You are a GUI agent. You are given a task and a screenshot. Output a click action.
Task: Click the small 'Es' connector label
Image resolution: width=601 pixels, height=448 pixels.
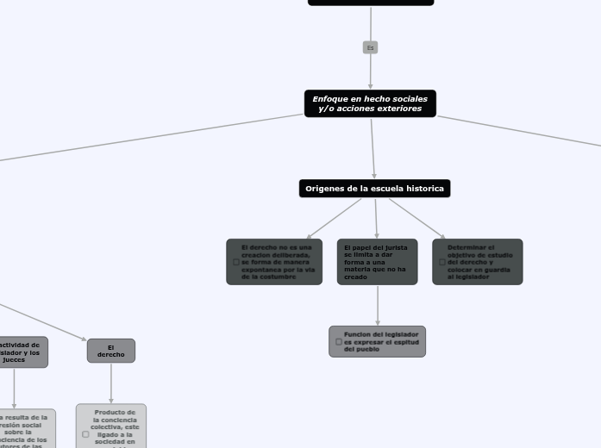[x=370, y=47]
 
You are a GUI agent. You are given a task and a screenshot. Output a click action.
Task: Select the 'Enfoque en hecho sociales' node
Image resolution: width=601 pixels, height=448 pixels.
[x=370, y=103]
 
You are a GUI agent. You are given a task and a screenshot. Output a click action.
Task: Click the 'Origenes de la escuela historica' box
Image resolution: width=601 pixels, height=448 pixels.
[x=374, y=188]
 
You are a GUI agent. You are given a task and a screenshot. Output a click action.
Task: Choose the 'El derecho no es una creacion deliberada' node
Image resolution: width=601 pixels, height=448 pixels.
[x=274, y=262]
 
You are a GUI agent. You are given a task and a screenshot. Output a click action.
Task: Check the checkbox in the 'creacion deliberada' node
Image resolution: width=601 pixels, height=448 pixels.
[x=236, y=262]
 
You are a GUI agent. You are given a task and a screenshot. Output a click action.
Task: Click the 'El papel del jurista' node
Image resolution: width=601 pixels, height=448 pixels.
[x=377, y=262]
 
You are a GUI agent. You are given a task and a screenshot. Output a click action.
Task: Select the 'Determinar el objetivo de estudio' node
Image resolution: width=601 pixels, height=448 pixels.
[x=478, y=262]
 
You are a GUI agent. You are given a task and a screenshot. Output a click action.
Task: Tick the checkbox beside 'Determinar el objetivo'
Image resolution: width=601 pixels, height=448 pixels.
[x=442, y=262]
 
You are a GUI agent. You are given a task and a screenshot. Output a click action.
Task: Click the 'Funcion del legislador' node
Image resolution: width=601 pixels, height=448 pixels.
[x=378, y=341]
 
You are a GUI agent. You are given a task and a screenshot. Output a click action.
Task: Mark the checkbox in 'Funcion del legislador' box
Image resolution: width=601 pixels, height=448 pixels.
[x=339, y=341]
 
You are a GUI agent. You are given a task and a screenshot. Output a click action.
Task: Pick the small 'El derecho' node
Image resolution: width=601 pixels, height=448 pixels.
[x=111, y=351]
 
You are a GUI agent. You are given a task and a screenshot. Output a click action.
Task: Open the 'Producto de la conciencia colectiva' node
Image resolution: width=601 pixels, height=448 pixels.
[x=112, y=426]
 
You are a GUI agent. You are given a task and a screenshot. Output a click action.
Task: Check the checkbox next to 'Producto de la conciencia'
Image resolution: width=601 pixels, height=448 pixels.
[x=85, y=434]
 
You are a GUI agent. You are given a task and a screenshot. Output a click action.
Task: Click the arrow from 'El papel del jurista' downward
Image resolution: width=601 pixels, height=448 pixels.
[x=378, y=305]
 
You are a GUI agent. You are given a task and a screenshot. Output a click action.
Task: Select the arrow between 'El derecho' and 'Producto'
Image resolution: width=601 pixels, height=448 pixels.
[x=111, y=383]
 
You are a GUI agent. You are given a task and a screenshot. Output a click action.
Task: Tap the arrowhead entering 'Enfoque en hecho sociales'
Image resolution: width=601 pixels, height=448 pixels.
[x=370, y=86]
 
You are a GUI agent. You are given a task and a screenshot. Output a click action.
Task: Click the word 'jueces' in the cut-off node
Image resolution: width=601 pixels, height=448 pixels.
[x=14, y=359]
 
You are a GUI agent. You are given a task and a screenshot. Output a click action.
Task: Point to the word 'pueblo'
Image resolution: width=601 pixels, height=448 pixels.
[x=367, y=349]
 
